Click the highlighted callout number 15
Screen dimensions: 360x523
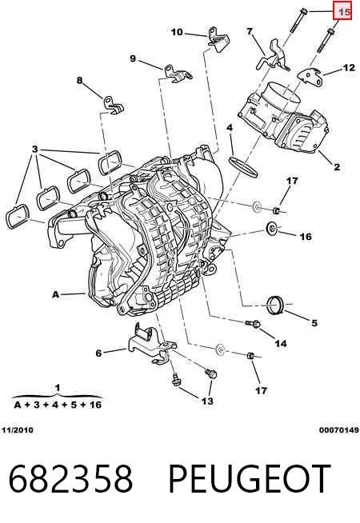[344, 12]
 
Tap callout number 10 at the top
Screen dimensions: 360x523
[177, 32]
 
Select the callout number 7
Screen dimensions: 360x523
[250, 32]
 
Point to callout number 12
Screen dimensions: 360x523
[349, 68]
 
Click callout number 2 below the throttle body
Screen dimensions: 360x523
[337, 167]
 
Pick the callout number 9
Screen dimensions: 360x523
[133, 58]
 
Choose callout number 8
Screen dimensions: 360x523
[79, 81]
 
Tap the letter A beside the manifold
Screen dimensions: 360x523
[56, 294]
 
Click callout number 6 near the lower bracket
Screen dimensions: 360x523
[98, 353]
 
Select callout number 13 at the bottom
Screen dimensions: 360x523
[207, 401]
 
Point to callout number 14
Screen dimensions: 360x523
[281, 344]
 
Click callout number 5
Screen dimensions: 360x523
[314, 323]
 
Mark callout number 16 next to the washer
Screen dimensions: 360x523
[306, 237]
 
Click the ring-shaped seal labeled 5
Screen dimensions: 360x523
[275, 305]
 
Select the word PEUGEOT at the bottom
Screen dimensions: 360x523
[250, 479]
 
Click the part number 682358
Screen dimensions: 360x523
[70, 479]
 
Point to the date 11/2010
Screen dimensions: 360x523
[18, 430]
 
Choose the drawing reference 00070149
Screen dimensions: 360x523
[339, 430]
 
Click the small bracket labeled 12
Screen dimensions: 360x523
[310, 77]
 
